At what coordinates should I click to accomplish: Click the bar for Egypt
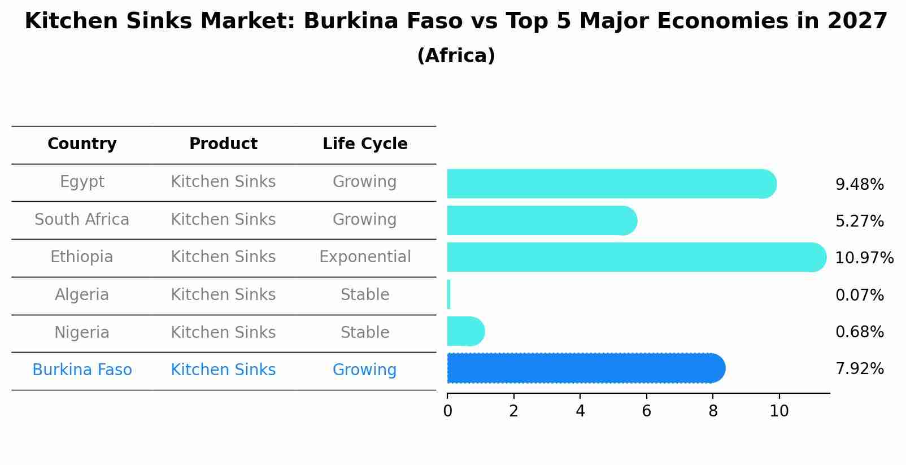(x=610, y=184)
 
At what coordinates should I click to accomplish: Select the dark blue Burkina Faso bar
(x=585, y=368)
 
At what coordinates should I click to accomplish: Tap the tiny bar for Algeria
(x=448, y=294)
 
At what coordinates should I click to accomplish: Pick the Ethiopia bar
(x=635, y=257)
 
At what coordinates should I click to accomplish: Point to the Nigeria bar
(x=465, y=331)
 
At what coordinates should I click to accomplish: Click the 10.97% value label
(x=864, y=258)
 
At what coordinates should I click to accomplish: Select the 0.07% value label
(x=859, y=295)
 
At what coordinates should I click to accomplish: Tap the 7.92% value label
(x=859, y=369)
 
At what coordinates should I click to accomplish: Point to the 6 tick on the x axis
(x=647, y=411)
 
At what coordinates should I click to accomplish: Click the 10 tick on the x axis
(x=779, y=411)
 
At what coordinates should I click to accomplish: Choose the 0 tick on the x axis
(x=447, y=411)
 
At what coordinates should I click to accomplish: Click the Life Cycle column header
(x=365, y=144)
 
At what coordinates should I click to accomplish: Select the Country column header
(x=82, y=144)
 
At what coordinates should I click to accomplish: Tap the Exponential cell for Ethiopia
(x=365, y=257)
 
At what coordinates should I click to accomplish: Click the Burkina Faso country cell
(x=82, y=370)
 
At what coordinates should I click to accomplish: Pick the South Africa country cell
(x=82, y=219)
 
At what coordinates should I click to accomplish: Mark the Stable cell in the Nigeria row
(x=365, y=332)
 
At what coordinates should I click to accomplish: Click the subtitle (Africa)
(x=456, y=56)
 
